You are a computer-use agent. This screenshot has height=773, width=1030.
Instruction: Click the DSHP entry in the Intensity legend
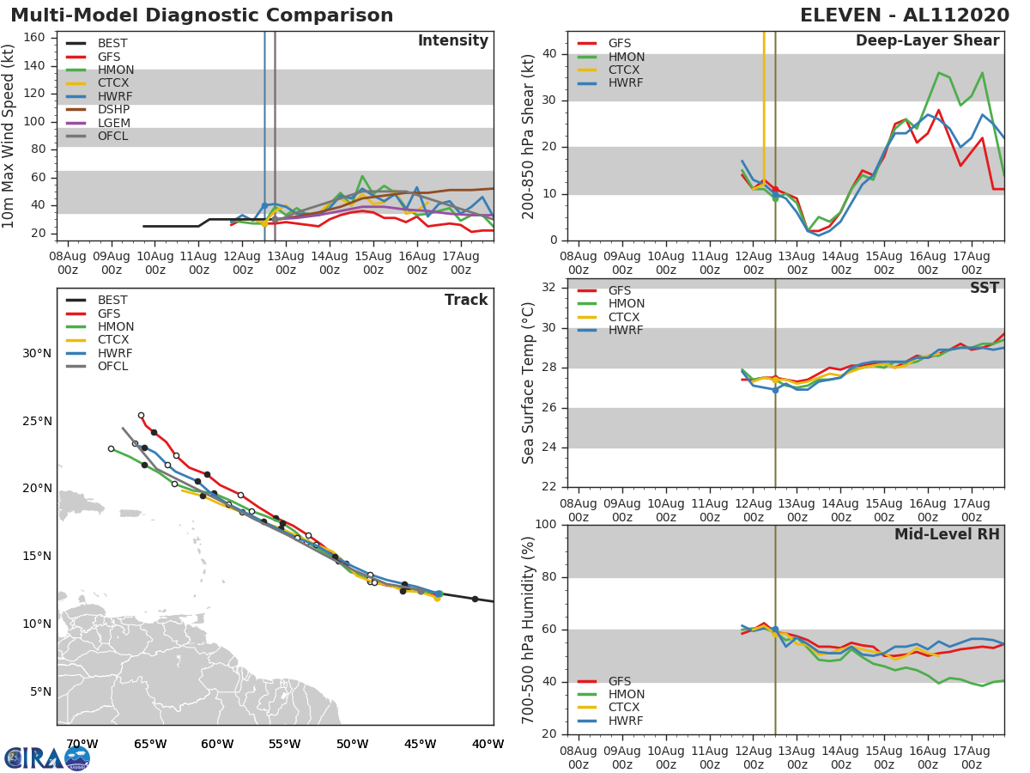[113, 110]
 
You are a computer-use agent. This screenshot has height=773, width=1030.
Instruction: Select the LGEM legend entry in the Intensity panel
[113, 123]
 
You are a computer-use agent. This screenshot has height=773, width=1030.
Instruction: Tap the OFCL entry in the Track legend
[112, 367]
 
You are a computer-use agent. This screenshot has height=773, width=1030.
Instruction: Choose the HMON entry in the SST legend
[626, 304]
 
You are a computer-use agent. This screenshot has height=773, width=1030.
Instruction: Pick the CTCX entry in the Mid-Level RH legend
[626, 708]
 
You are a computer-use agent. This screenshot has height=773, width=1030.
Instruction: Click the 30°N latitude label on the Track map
[37, 353]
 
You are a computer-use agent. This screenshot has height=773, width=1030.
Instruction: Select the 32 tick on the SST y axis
[549, 288]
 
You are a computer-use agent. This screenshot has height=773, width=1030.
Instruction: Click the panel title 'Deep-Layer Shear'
[927, 41]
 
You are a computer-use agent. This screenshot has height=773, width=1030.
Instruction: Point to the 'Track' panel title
[466, 300]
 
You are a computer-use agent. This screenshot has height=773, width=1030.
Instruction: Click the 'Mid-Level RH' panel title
[947, 534]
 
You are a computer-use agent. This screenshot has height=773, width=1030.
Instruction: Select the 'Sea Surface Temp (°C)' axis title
[530, 384]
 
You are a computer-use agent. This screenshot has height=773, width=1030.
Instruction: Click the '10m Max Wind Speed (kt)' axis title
[9, 136]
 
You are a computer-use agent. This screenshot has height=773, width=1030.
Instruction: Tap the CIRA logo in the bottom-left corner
[46, 758]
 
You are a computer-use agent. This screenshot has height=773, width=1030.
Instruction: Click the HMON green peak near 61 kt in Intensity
[362, 176]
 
